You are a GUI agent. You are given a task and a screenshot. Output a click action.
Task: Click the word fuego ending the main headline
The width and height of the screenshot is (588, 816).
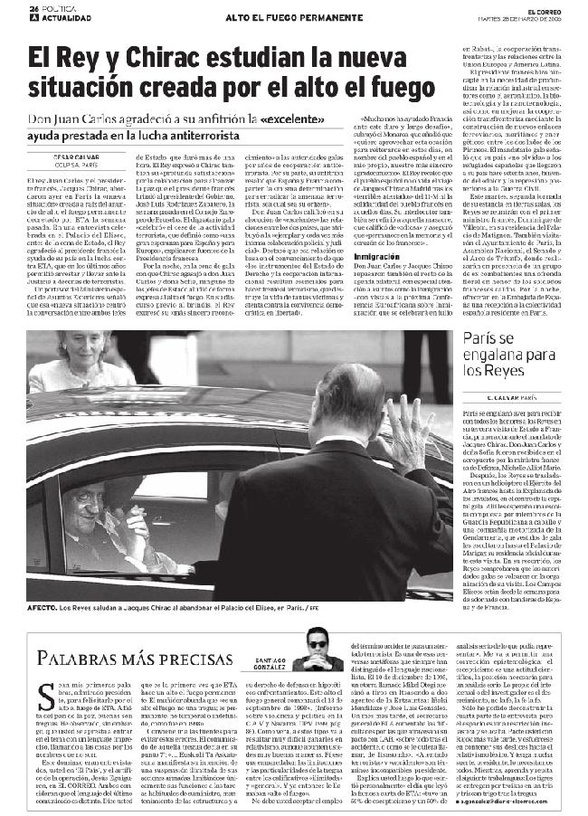(394, 90)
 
